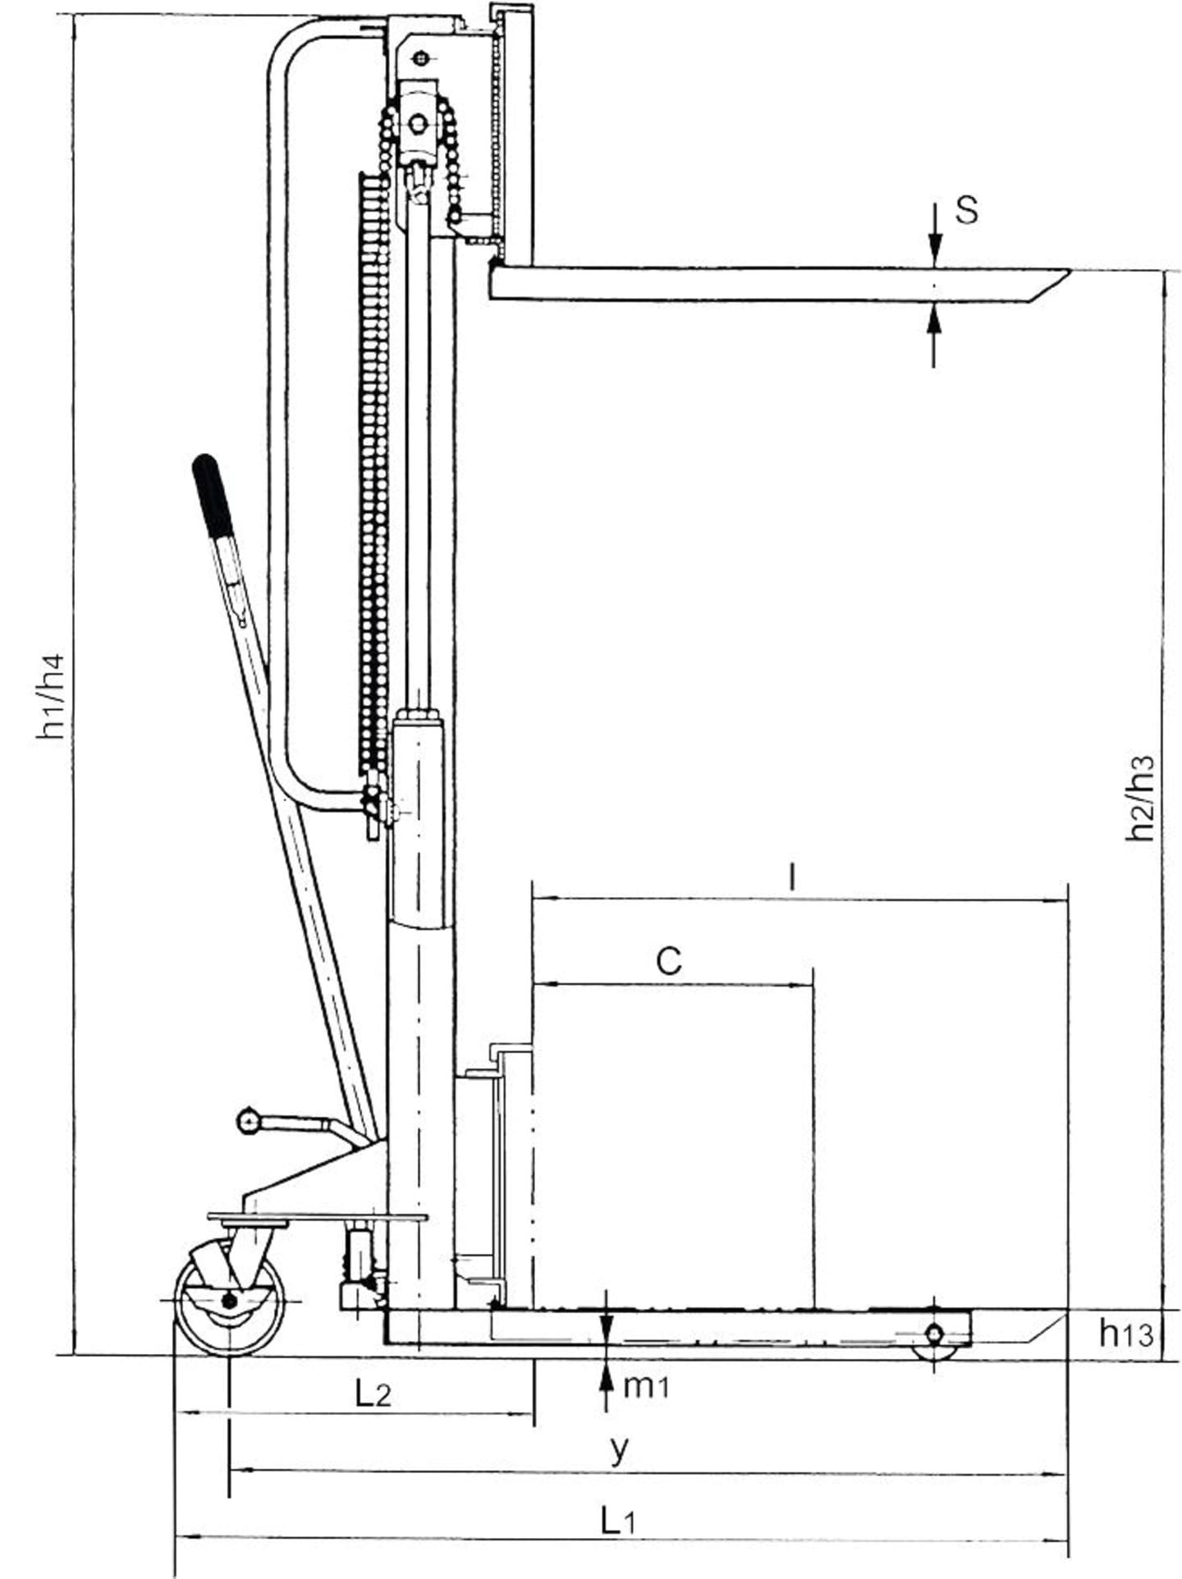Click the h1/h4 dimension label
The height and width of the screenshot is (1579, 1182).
(51, 697)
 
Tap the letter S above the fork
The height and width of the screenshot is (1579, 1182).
(967, 210)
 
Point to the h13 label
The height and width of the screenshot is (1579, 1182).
(1127, 1333)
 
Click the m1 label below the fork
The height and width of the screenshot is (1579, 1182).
(647, 1386)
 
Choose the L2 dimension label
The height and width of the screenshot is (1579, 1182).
(373, 1393)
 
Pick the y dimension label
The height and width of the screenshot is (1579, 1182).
(620, 1450)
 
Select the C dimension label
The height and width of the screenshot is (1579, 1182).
(669, 960)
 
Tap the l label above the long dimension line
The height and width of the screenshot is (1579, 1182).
(791, 877)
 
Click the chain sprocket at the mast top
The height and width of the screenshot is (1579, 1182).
(418, 123)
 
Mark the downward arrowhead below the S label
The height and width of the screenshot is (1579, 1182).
(934, 249)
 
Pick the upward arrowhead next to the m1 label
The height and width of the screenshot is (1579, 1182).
(606, 1378)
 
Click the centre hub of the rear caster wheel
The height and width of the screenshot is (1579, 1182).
(229, 1301)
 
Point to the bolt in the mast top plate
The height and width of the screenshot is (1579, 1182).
(421, 57)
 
